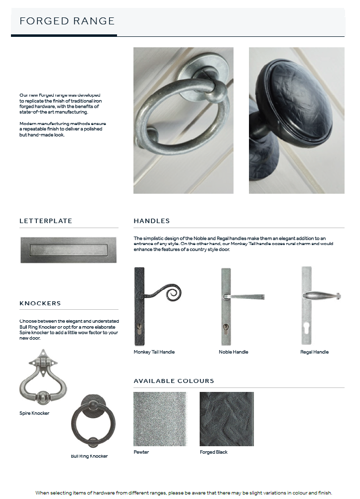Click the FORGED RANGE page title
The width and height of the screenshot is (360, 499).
pyautogui.click(x=67, y=21)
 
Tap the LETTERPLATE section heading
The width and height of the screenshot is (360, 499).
pyautogui.click(x=46, y=221)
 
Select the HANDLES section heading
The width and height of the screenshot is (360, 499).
pyautogui.click(x=152, y=221)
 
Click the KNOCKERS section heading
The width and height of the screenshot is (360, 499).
pyautogui.click(x=40, y=303)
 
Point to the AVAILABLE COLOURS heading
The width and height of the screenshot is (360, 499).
pyautogui.click(x=174, y=381)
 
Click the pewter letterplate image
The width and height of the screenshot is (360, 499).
pyautogui.click(x=69, y=249)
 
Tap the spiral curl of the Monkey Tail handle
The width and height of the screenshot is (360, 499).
pyautogui.click(x=172, y=293)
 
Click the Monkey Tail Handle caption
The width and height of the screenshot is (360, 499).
pyautogui.click(x=154, y=352)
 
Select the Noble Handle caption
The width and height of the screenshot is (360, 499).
pyautogui.click(x=234, y=352)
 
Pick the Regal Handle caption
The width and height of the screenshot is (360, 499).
pyautogui.click(x=314, y=352)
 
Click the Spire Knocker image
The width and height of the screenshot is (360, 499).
pyautogui.click(x=43, y=376)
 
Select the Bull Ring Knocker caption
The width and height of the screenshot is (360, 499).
pyautogui.click(x=89, y=456)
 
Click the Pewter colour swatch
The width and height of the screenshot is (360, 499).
pyautogui.click(x=160, y=418)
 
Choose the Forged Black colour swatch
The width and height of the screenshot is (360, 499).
pyautogui.click(x=227, y=418)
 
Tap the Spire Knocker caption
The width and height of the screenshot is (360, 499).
pyautogui.click(x=34, y=413)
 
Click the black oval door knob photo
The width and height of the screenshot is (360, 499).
pyautogui.click(x=297, y=121)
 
